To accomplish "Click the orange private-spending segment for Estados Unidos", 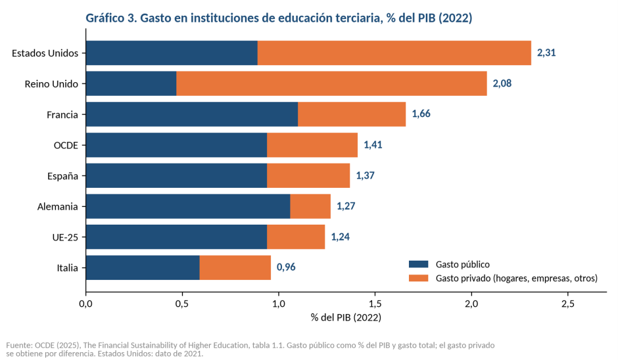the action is [x=394, y=53].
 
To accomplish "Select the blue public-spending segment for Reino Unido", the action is [x=131, y=83].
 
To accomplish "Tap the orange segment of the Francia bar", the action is [x=352, y=114].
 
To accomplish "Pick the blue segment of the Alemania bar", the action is [x=188, y=206].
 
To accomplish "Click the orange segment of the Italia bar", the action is [x=235, y=267].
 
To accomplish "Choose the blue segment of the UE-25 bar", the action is [x=176, y=236].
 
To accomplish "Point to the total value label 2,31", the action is [x=546, y=53].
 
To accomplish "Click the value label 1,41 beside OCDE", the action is [x=373, y=145].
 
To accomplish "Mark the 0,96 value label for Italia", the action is [x=286, y=267].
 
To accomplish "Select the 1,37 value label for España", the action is [x=365, y=175].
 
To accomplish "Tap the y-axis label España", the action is [x=62, y=176].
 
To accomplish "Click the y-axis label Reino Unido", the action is [x=51, y=84].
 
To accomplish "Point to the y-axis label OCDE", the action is [x=66, y=145].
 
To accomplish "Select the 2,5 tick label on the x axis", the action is [x=568, y=304].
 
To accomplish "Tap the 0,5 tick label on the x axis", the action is [x=182, y=304].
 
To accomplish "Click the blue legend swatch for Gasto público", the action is [x=419, y=264].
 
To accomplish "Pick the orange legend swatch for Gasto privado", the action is [x=419, y=278].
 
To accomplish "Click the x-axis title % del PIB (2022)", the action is [x=346, y=317].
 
